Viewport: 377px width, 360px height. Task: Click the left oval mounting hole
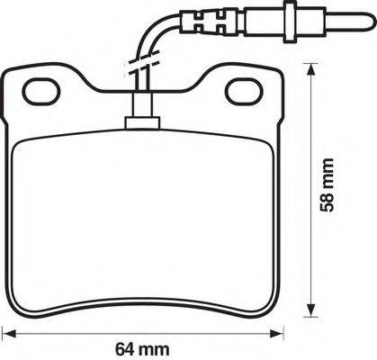pos(40,89)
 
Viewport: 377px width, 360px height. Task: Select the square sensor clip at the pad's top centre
pos(140,117)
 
